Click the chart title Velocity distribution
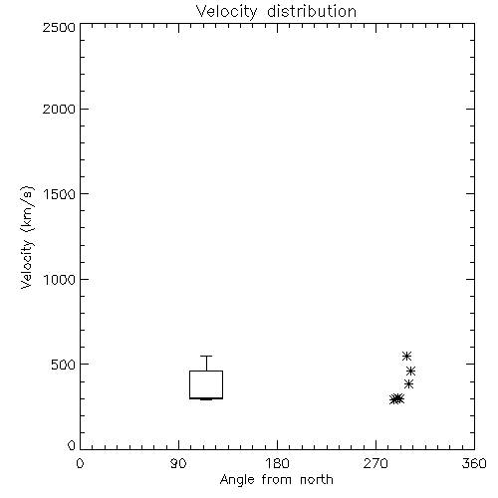tap(276, 12)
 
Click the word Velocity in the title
tap(226, 12)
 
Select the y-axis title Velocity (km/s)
tap(28, 237)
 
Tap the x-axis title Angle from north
tap(276, 480)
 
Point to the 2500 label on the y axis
tap(59, 27)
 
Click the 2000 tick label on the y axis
tap(59, 110)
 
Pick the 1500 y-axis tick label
tap(60, 194)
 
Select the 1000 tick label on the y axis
tap(60, 280)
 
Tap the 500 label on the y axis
tap(64, 365)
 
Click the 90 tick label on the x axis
tap(178, 463)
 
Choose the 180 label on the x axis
tap(277, 463)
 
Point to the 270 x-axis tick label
tap(375, 463)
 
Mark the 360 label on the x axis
tap(474, 463)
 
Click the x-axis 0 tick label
tap(80, 463)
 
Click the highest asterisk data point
tap(406, 356)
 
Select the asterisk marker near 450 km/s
tap(411, 371)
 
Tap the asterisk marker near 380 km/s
tap(408, 384)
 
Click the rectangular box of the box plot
tap(189, 384)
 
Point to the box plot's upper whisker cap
tap(206, 356)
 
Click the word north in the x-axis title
tap(317, 480)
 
